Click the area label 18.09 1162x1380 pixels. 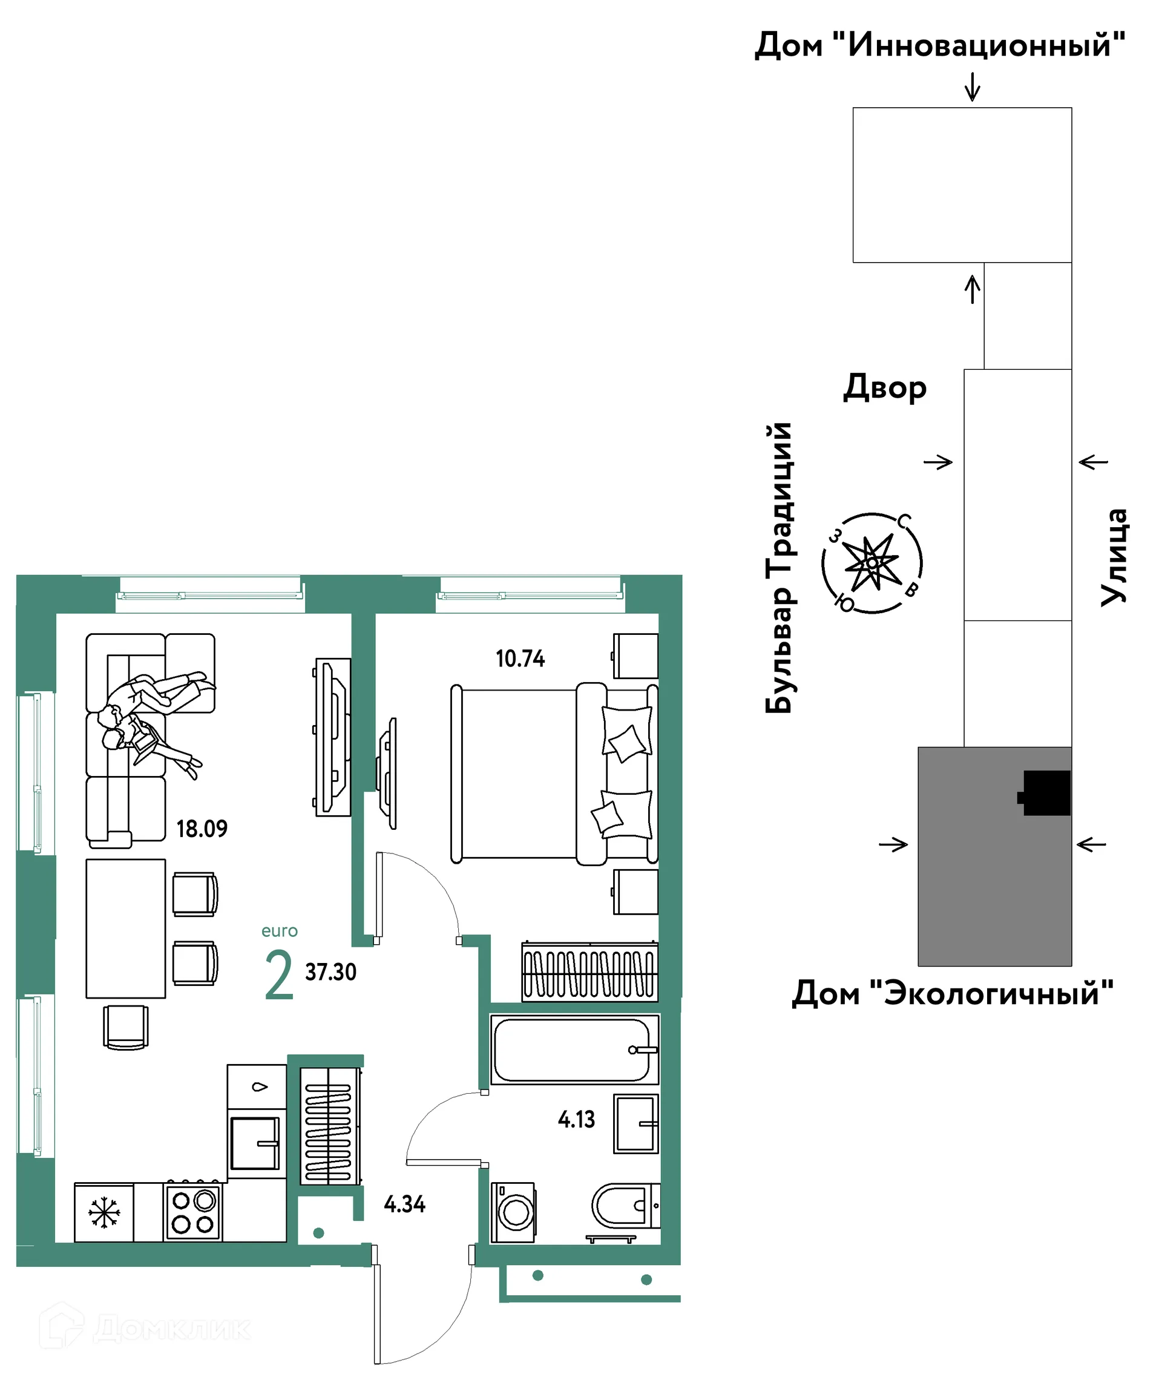[202, 829]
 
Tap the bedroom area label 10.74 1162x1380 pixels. [520, 659]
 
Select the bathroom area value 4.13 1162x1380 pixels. [576, 1120]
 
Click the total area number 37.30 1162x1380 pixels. [330, 972]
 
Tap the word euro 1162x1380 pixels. [279, 931]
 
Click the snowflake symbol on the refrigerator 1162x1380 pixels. [105, 1213]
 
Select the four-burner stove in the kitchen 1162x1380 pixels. [193, 1212]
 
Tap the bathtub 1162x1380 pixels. [574, 1050]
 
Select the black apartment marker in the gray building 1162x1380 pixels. [1045, 793]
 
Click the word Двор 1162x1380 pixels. [885, 387]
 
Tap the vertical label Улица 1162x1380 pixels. [1115, 557]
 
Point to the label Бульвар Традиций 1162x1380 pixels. [779, 568]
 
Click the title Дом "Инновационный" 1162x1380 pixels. [940, 45]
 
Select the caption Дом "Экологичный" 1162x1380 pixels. [953, 993]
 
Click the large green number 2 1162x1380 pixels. [278, 976]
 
